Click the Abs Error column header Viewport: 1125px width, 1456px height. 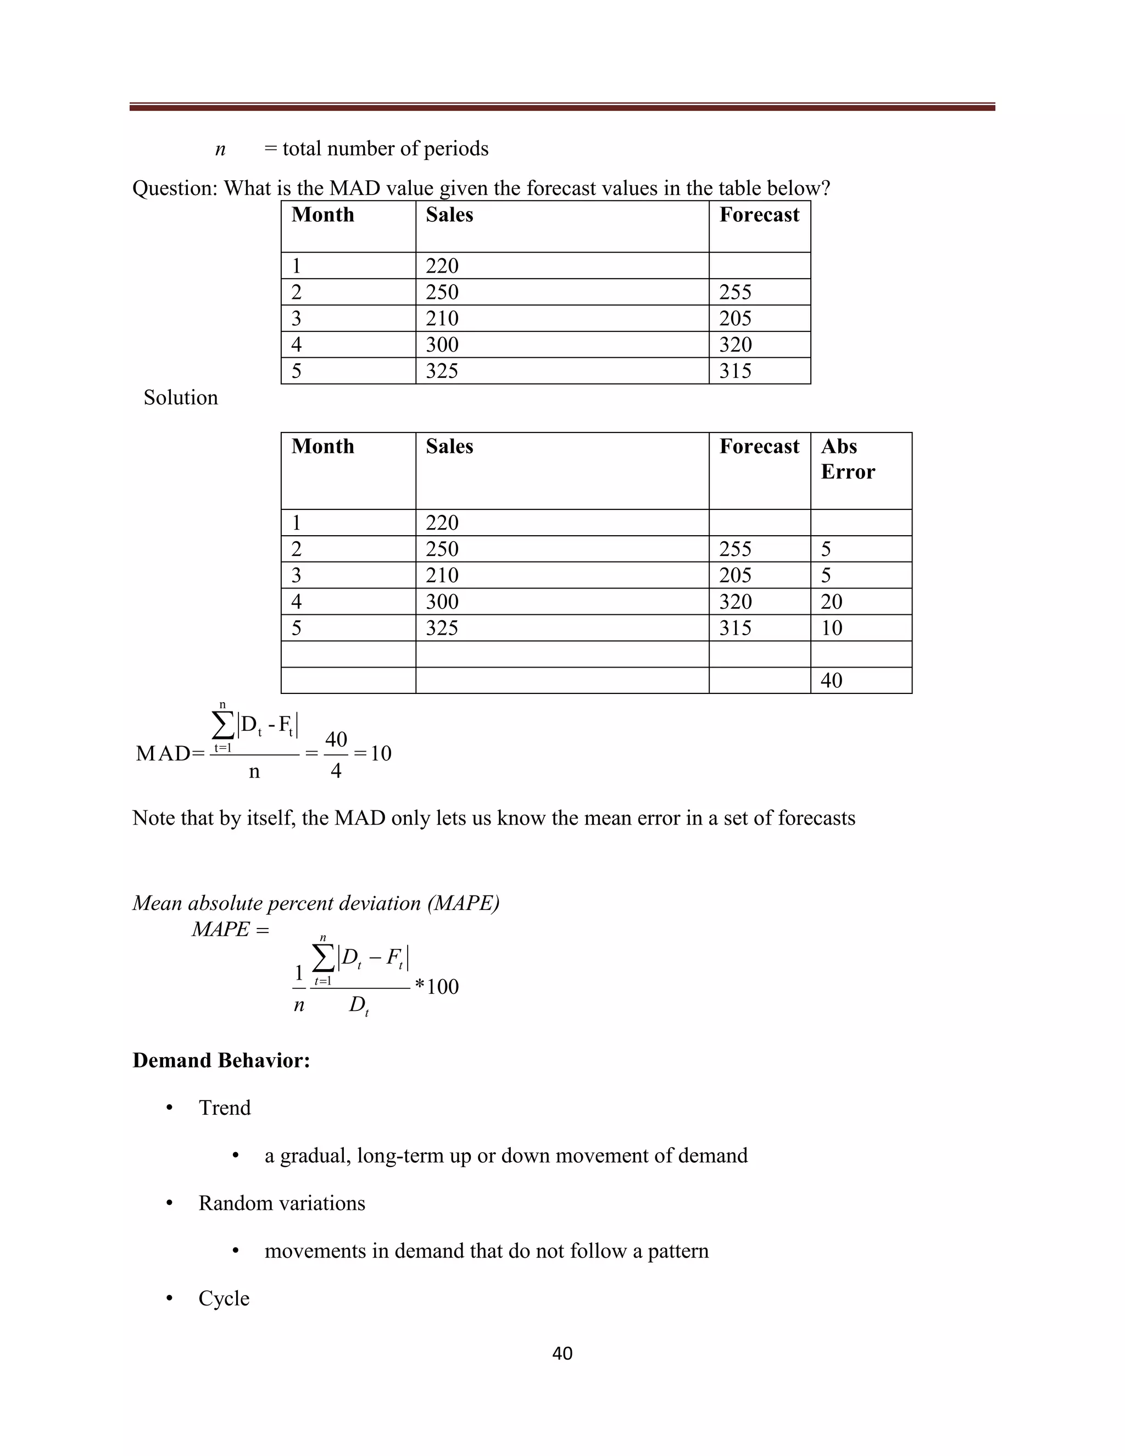(847, 459)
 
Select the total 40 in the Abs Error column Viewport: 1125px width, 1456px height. (831, 680)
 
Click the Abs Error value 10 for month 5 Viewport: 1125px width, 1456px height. (831, 627)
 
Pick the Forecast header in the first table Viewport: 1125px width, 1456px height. (759, 215)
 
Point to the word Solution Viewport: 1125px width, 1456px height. (181, 397)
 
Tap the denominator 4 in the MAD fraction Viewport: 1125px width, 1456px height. (336, 771)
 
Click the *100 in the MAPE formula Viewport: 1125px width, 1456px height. (437, 987)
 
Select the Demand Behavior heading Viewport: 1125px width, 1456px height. (221, 1060)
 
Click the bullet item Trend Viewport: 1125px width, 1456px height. (225, 1108)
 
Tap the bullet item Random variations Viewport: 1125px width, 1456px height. (281, 1203)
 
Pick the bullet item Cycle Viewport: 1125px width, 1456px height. (224, 1299)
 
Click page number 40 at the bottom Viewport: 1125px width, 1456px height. (562, 1353)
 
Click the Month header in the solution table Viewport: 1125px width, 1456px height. (322, 446)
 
